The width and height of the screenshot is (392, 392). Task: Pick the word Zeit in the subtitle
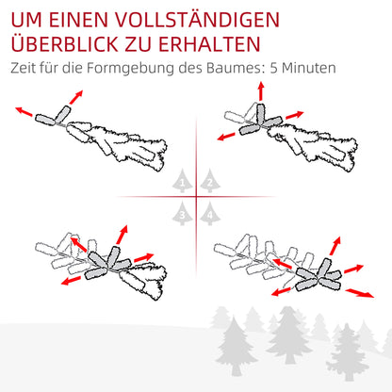point(26,69)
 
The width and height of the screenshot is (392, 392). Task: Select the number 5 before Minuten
point(274,69)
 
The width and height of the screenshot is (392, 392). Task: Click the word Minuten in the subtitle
point(310,69)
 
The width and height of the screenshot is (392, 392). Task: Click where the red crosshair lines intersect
point(196,197)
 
